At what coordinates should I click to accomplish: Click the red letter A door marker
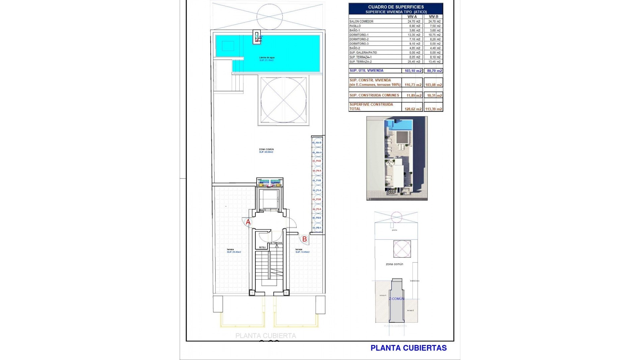point(248,222)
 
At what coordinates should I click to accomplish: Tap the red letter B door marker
point(304,239)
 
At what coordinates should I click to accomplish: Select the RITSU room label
point(262,247)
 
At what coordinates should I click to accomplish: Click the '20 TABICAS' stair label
point(276,243)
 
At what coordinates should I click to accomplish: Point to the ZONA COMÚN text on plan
point(266,149)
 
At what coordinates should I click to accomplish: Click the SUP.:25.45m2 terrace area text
point(234,252)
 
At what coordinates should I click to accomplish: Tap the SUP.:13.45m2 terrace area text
point(302,252)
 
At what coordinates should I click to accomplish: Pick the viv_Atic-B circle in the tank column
point(317,143)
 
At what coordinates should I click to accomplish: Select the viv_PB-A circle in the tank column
point(317,228)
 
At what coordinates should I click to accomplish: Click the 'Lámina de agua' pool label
point(267,58)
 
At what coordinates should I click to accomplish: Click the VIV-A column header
point(412,17)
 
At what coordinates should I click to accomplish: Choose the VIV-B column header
point(433,17)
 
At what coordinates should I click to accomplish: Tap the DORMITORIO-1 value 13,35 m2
point(414,35)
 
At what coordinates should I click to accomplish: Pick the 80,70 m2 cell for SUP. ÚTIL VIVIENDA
point(434,71)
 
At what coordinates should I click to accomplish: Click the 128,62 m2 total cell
point(413,109)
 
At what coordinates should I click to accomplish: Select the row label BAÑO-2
point(355,48)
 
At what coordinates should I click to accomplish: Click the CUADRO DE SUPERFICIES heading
point(396,7)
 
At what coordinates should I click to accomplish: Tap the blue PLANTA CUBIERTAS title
point(408,348)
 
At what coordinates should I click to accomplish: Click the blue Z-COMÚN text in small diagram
point(396,299)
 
